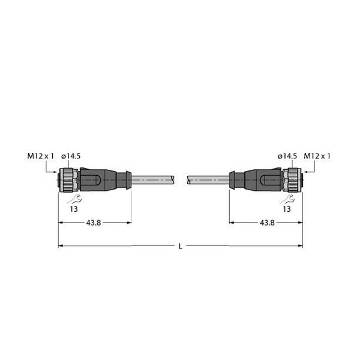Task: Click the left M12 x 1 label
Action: click(x=40, y=156)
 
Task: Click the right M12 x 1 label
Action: click(x=317, y=156)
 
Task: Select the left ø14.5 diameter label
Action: click(x=71, y=156)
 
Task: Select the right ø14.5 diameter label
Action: click(x=287, y=156)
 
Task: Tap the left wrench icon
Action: click(x=74, y=199)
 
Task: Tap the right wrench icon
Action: click(x=287, y=199)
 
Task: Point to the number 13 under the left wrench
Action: click(x=74, y=209)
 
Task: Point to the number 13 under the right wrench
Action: click(x=287, y=209)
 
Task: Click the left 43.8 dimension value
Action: click(x=94, y=223)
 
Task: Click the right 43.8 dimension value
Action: click(x=267, y=223)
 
